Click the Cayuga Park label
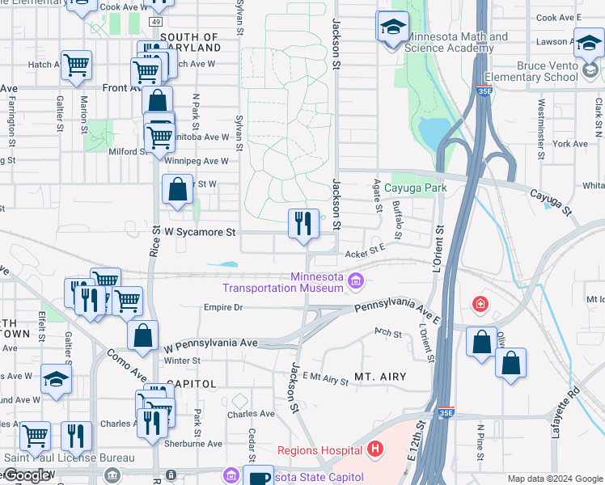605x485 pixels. point(415,188)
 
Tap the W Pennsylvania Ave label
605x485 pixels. point(210,344)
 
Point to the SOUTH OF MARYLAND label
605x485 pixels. point(189,43)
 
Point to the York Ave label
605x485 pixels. point(571,144)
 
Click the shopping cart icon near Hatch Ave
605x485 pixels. point(76,64)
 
